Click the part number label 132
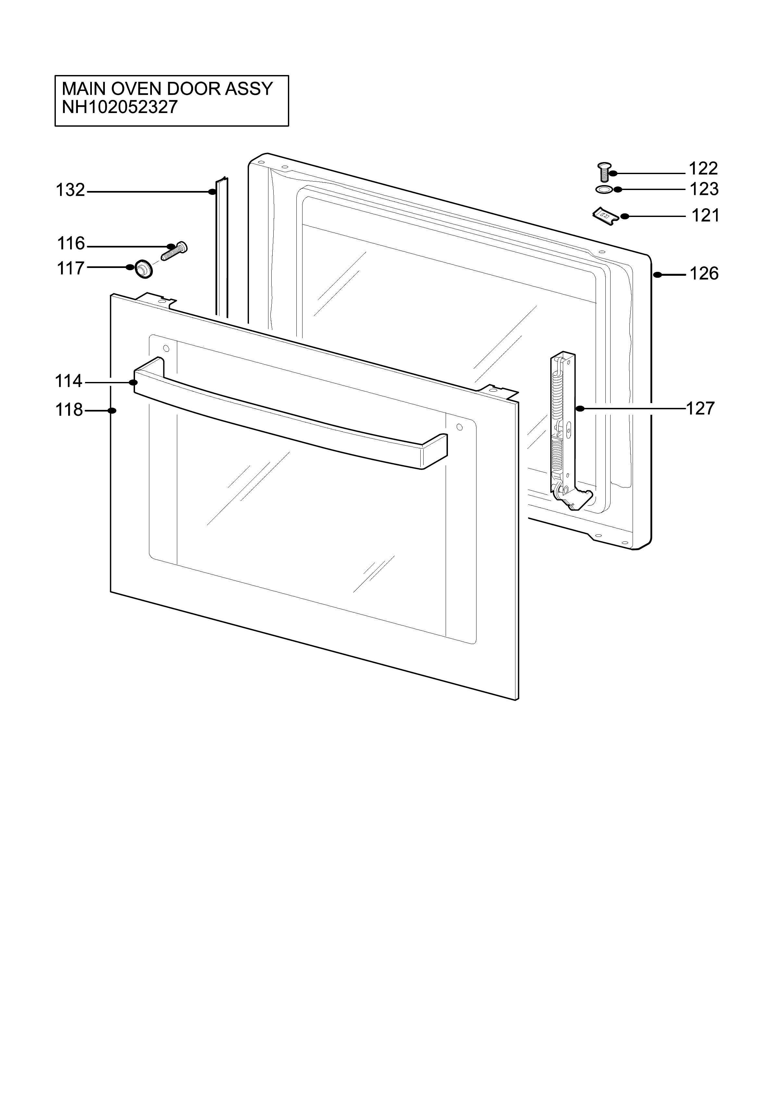(x=70, y=190)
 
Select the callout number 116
(x=71, y=244)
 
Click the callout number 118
(x=69, y=410)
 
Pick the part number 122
(x=704, y=169)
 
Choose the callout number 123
(x=704, y=189)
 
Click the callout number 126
(x=704, y=274)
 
